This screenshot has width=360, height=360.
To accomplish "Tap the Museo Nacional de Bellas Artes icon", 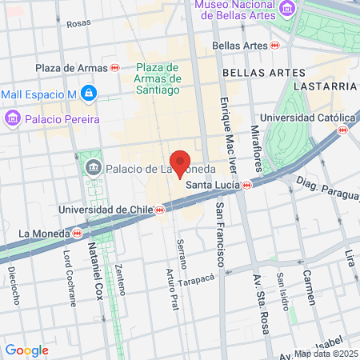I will [288, 7].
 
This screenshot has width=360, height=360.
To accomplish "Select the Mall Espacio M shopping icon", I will [88, 95].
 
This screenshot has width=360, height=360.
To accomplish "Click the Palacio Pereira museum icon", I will [12, 119].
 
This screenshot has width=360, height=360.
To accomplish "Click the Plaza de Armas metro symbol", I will [115, 68].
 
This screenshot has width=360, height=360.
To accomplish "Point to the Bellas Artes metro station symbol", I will [274, 46].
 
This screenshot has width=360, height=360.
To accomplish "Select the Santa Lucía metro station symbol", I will [247, 185].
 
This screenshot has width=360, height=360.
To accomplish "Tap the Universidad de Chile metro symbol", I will [160, 210].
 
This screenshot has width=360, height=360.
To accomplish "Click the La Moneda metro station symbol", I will [77, 233].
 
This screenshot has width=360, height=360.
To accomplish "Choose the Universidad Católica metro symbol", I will [343, 129].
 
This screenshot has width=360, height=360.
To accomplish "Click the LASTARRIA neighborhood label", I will [323, 85].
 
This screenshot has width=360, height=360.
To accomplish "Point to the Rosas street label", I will [78, 24].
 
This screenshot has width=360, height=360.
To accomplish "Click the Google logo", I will [26, 350].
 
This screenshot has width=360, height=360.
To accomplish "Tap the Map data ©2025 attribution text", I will [325, 354].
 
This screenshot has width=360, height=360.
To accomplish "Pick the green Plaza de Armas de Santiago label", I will [158, 78].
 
